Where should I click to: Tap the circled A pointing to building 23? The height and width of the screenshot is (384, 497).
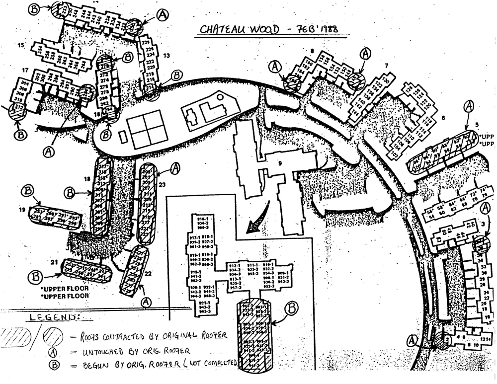coord(174,169)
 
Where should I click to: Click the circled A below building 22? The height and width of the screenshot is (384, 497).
coord(145,302)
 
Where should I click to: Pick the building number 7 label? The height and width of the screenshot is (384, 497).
coord(385,66)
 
